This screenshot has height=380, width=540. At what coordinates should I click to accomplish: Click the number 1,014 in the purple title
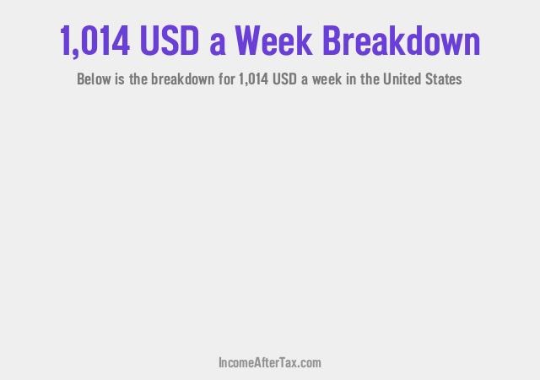point(94,41)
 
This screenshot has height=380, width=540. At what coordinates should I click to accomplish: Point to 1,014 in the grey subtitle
point(255,80)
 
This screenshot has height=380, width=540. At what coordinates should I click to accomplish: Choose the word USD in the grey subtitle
point(289,80)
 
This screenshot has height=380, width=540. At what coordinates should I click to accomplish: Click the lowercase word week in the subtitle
point(332,80)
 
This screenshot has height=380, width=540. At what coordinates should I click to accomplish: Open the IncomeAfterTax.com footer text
point(269,363)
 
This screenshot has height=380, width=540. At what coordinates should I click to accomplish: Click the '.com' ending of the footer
point(309,363)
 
